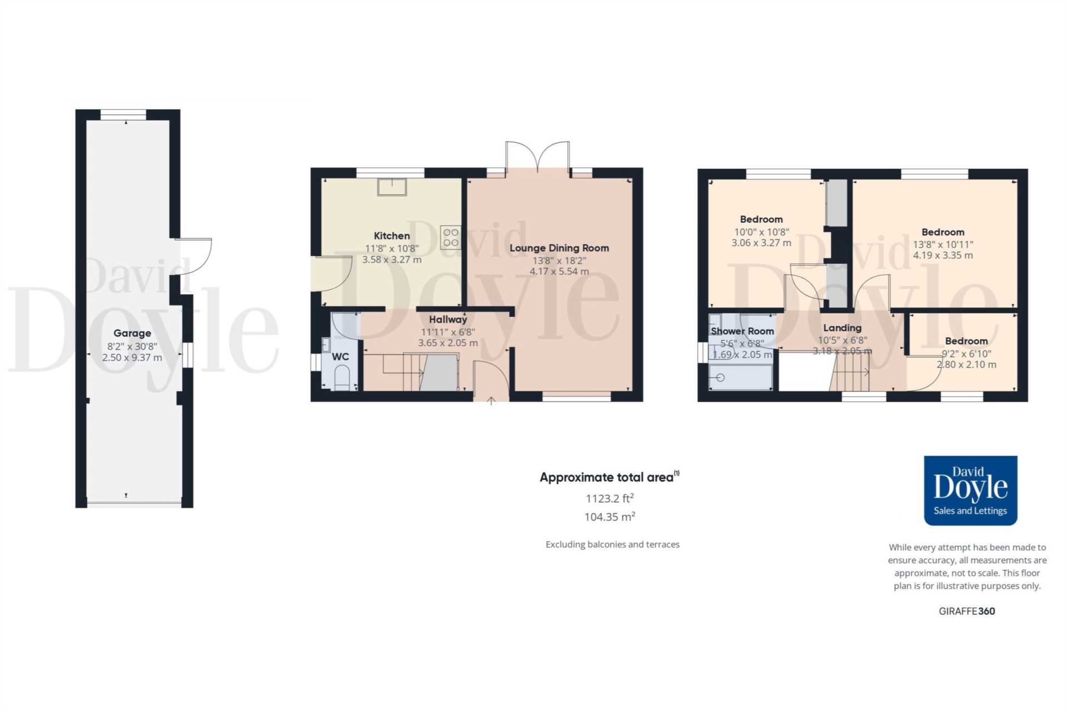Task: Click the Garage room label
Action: pyautogui.click(x=132, y=333)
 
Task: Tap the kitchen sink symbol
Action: pyautogui.click(x=392, y=187)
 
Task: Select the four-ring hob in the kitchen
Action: pyautogui.click(x=451, y=237)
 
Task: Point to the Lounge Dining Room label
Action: pyautogui.click(x=559, y=248)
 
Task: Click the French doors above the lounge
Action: pyautogui.click(x=537, y=157)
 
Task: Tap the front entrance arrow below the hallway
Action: pyautogui.click(x=491, y=400)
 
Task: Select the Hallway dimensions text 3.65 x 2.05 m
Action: pyautogui.click(x=448, y=343)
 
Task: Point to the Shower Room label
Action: pyautogui.click(x=742, y=331)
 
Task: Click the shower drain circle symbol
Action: pyautogui.click(x=720, y=378)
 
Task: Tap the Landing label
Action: pyautogui.click(x=842, y=328)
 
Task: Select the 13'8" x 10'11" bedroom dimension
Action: pyautogui.click(x=943, y=244)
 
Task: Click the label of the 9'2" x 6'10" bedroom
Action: pyautogui.click(x=966, y=341)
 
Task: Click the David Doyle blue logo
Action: pyautogui.click(x=970, y=490)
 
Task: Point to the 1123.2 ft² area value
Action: pyautogui.click(x=609, y=498)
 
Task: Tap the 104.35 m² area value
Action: pyautogui.click(x=609, y=517)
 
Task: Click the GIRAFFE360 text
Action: pyautogui.click(x=966, y=611)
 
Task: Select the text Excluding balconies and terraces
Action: pyautogui.click(x=612, y=544)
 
